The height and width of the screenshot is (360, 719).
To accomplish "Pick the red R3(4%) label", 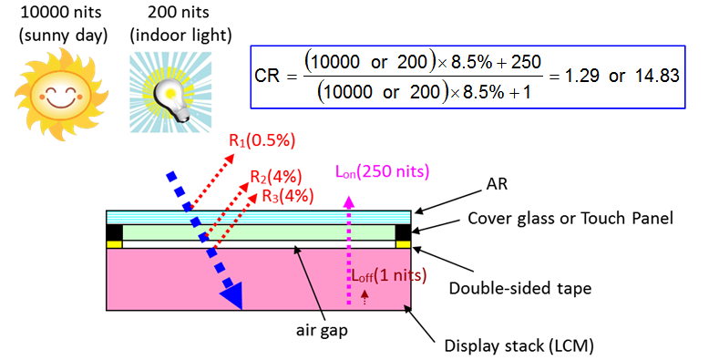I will point(288,195).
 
